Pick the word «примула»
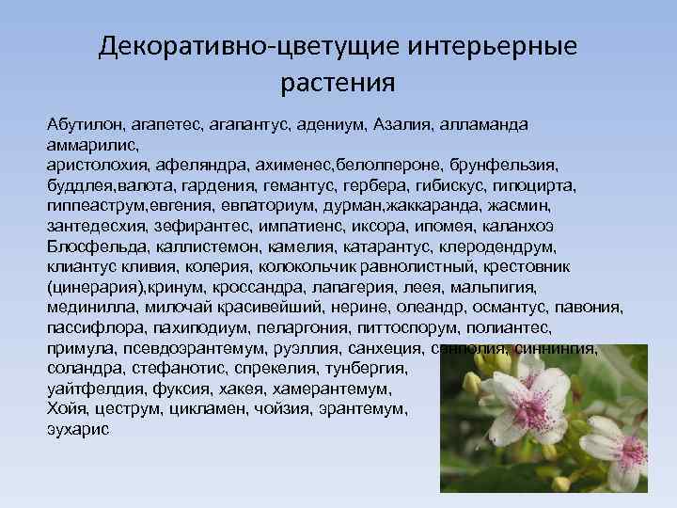(x=78, y=348)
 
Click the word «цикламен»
(x=204, y=409)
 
